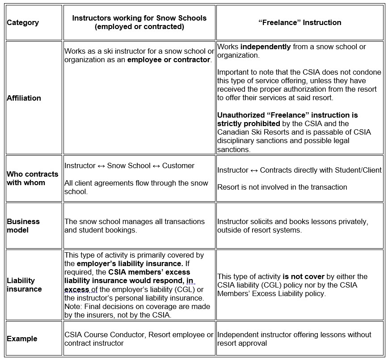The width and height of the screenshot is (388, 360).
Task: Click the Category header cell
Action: click(23, 22)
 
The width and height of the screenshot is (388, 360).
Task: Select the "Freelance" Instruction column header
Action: click(299, 22)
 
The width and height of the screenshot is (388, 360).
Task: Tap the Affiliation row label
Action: click(24, 98)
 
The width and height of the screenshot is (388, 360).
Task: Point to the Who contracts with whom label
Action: click(32, 178)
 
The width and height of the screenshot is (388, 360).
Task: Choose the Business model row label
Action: click(23, 225)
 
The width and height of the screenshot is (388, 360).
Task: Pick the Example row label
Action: click(22, 339)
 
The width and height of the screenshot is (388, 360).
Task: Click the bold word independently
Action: click(266, 47)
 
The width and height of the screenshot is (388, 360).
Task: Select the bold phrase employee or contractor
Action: click(169, 59)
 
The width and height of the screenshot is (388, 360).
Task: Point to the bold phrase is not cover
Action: click(301, 276)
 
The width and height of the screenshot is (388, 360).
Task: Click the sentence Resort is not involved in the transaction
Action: click(282, 187)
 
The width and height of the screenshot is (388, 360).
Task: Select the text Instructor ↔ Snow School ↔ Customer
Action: click(129, 165)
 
